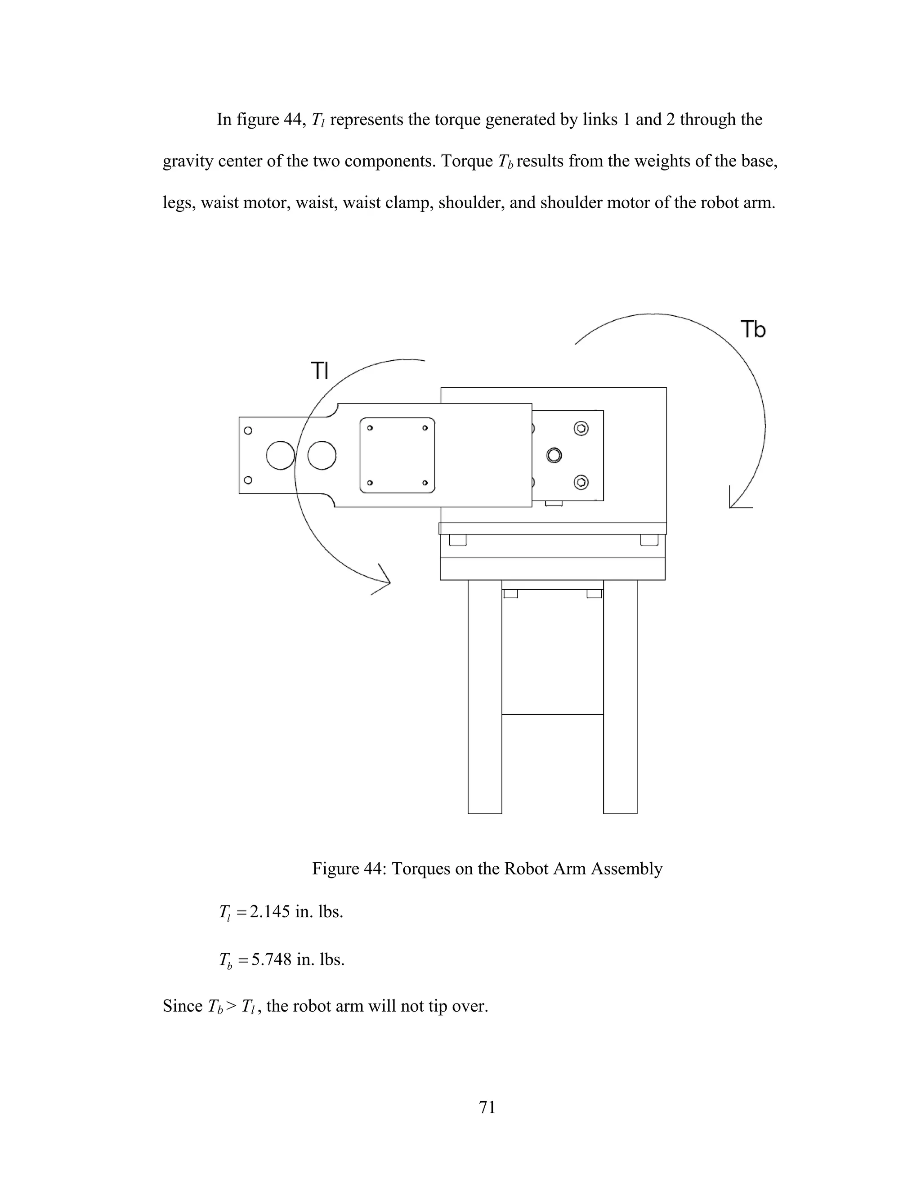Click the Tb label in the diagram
click(x=752, y=330)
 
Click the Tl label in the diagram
click(x=320, y=371)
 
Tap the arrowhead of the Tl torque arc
click(x=384, y=583)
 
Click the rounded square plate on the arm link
click(x=397, y=455)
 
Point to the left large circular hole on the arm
click(x=281, y=455)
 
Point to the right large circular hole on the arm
click(x=322, y=455)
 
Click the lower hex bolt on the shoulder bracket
click(x=581, y=482)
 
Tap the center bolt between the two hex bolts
click(x=554, y=455)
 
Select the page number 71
click(x=487, y=1107)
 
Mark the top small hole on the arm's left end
click(x=248, y=430)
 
